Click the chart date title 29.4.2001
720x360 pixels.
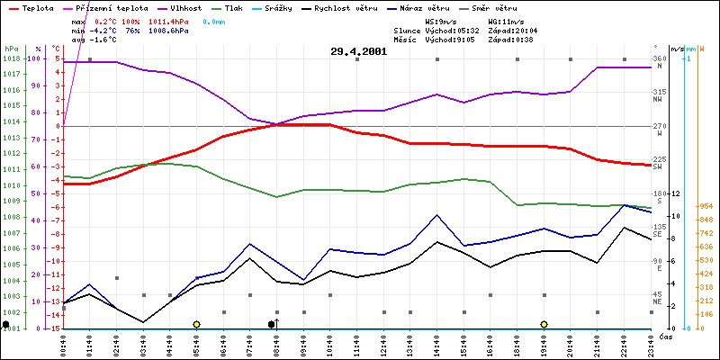(x=359, y=51)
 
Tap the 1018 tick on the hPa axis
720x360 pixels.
(x=11, y=58)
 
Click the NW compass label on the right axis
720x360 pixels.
(x=658, y=100)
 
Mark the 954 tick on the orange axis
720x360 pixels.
(x=706, y=206)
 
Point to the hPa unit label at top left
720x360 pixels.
(x=11, y=48)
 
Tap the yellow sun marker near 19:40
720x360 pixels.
(x=544, y=324)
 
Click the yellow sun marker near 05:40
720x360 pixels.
(x=196, y=324)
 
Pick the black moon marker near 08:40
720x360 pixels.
(x=272, y=324)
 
